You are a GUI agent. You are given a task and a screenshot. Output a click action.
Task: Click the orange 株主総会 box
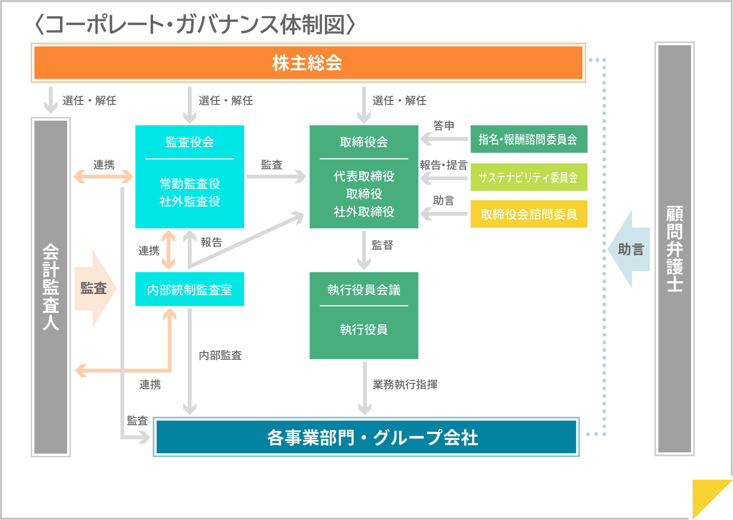(x=308, y=63)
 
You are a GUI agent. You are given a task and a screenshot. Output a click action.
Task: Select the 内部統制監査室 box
(x=190, y=289)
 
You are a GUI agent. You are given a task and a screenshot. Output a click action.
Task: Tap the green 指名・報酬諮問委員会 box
(x=529, y=139)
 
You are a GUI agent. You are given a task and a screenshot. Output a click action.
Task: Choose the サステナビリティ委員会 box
(x=529, y=177)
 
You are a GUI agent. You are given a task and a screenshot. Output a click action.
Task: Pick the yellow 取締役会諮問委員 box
(x=529, y=214)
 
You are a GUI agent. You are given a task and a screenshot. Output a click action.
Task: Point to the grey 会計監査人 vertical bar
(x=51, y=287)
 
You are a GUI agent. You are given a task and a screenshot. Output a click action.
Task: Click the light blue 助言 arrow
(x=629, y=249)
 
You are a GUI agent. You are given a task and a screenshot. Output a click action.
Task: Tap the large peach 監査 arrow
(x=95, y=288)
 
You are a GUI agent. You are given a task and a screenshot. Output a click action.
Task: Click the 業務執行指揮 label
(x=405, y=385)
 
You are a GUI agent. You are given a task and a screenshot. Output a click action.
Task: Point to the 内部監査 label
(x=220, y=355)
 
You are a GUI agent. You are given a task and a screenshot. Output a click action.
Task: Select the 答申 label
(x=444, y=125)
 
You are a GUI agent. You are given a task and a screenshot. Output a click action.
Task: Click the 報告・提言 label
(x=444, y=165)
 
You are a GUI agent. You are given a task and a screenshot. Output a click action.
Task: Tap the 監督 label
(x=382, y=245)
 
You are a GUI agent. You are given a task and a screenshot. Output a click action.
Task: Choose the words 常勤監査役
(x=190, y=184)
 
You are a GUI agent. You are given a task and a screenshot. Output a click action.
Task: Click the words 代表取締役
(x=364, y=176)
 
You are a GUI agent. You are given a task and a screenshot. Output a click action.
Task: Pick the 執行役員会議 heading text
(x=364, y=289)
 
